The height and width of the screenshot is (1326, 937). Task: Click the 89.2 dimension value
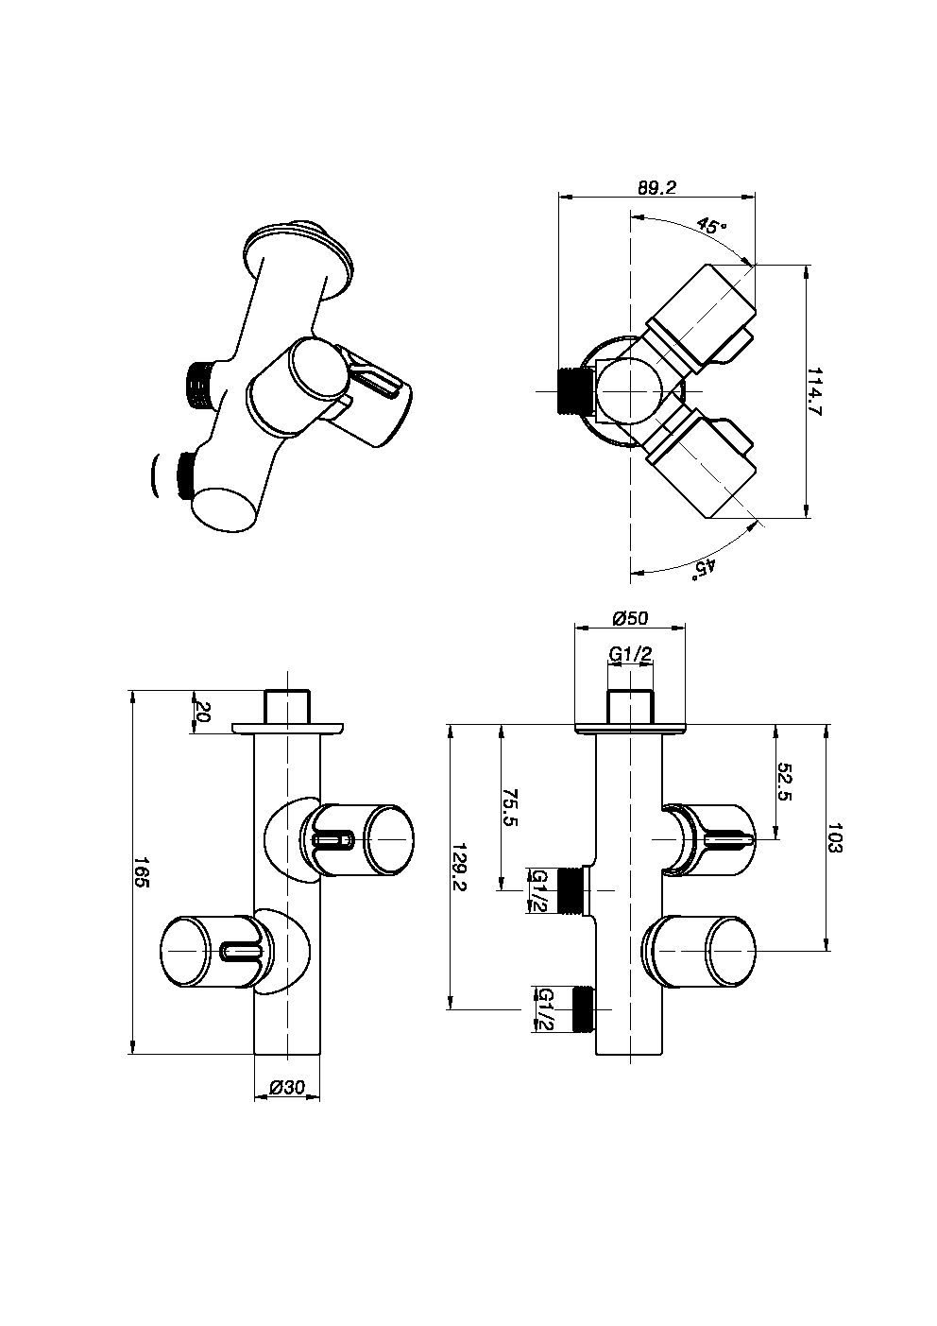(x=656, y=187)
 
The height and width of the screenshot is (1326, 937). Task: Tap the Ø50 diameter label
(x=629, y=618)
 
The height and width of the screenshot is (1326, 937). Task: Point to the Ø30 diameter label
(x=287, y=1088)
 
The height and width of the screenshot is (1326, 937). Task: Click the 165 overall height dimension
(x=142, y=872)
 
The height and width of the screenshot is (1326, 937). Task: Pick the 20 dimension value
(x=201, y=712)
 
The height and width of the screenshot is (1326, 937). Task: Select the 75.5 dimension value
(x=510, y=807)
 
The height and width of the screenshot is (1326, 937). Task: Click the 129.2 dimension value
(x=460, y=868)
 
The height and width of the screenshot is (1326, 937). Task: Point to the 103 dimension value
(x=835, y=837)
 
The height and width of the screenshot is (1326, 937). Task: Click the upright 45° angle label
(x=711, y=226)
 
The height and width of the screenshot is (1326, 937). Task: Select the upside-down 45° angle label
(x=706, y=566)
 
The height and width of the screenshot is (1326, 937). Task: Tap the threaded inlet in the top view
(x=573, y=390)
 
